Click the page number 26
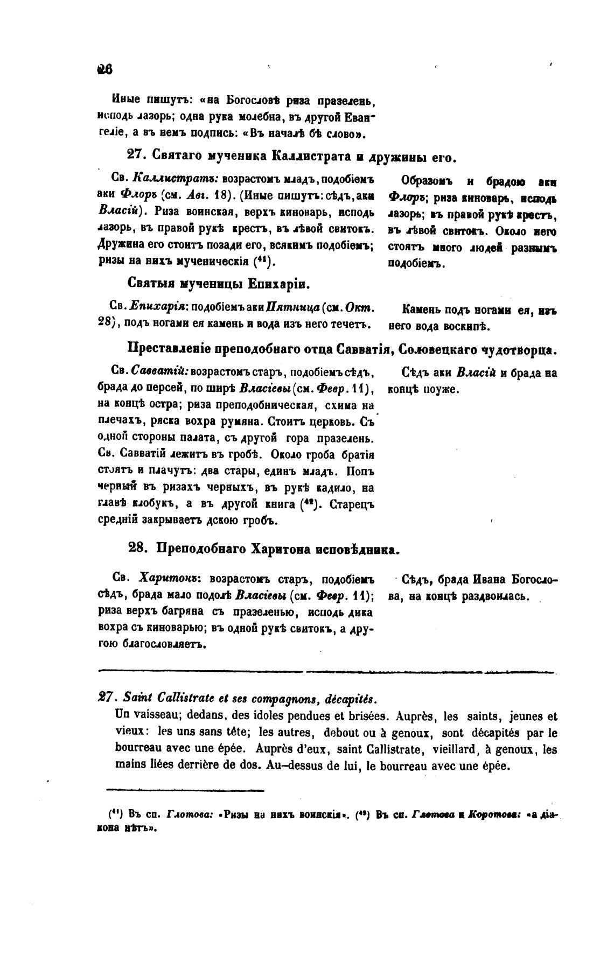tap(104, 70)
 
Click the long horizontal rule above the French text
tap(327, 671)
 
